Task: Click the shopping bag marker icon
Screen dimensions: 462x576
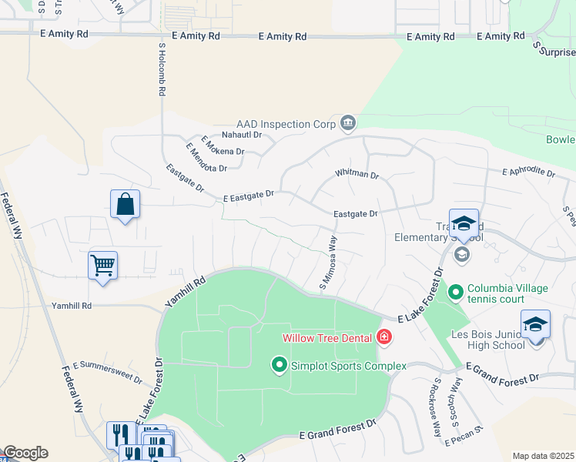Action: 125,205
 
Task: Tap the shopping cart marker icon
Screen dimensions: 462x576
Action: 102,266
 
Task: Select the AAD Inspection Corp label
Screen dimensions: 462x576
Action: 286,123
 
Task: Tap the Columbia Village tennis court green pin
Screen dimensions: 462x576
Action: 455,293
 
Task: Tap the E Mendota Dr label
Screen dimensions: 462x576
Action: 206,158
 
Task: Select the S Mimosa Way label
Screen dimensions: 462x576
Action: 329,263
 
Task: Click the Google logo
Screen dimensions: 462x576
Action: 25,453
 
